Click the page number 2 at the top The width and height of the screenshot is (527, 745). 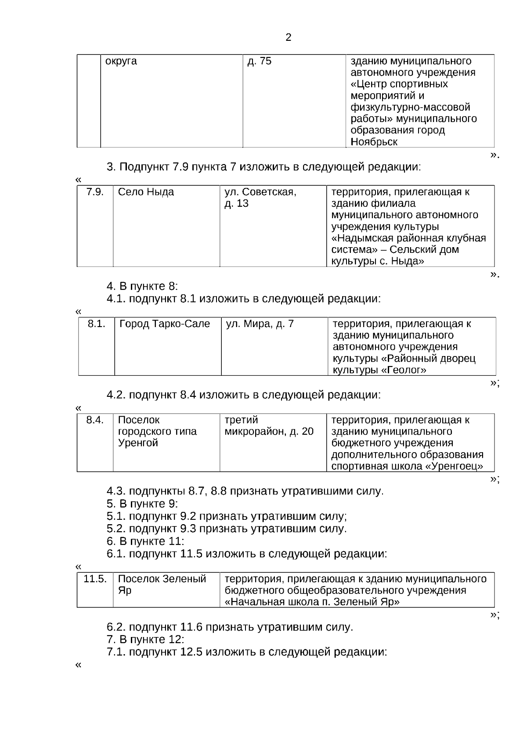(288, 38)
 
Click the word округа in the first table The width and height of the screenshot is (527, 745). (121, 61)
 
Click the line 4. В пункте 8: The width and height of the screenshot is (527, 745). (142, 286)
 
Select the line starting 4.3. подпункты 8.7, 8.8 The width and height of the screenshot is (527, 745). (245, 491)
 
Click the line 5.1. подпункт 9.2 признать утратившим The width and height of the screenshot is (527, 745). (227, 516)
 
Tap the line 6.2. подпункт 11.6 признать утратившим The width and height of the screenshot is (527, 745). (230, 627)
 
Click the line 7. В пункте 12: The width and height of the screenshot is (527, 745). (145, 639)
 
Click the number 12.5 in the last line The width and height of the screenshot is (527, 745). (191, 652)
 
